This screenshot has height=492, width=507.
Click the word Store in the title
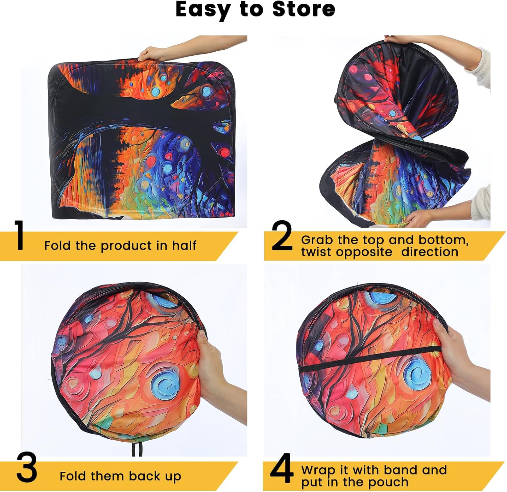click(304, 9)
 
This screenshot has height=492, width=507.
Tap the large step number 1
click(20, 236)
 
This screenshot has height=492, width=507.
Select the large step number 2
click(282, 236)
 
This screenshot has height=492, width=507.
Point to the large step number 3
click(27, 467)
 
